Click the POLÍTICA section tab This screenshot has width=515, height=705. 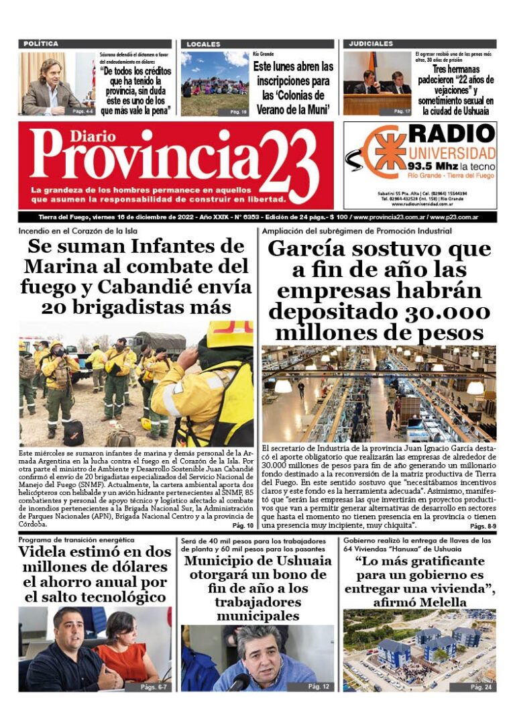coord(41,44)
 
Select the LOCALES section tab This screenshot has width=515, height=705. coord(203,44)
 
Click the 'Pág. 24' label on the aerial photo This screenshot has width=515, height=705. coord(481,687)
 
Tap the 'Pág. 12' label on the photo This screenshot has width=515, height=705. coord(319,686)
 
